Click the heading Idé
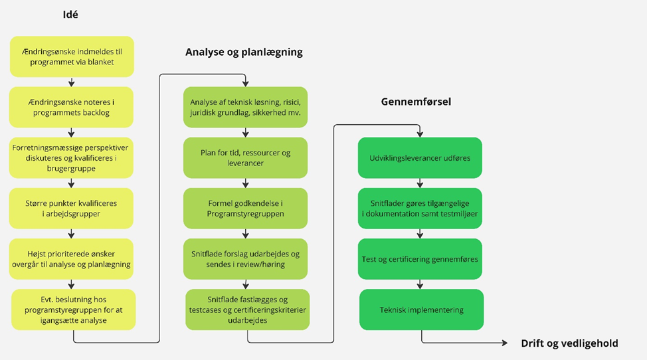pos(70,14)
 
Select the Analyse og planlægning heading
pos(244,52)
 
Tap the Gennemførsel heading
pos(416,102)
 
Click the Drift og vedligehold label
pos(570,343)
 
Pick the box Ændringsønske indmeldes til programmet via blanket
pos(72,56)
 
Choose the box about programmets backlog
pos(71,108)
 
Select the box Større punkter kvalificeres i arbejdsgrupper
pos(71,209)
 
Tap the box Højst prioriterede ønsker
pos(71,259)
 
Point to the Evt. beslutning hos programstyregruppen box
pos(73,310)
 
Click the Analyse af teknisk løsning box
pos(246,108)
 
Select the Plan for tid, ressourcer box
pos(246,158)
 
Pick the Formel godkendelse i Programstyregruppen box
pos(246,209)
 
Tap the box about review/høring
pos(246,259)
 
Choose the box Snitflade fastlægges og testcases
pos(248,310)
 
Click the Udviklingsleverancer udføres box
pos(420,158)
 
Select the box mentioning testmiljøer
pos(420,209)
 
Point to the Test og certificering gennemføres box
pos(420,259)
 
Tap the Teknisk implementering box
pos(422,310)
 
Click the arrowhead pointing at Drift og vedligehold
pos(505,343)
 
